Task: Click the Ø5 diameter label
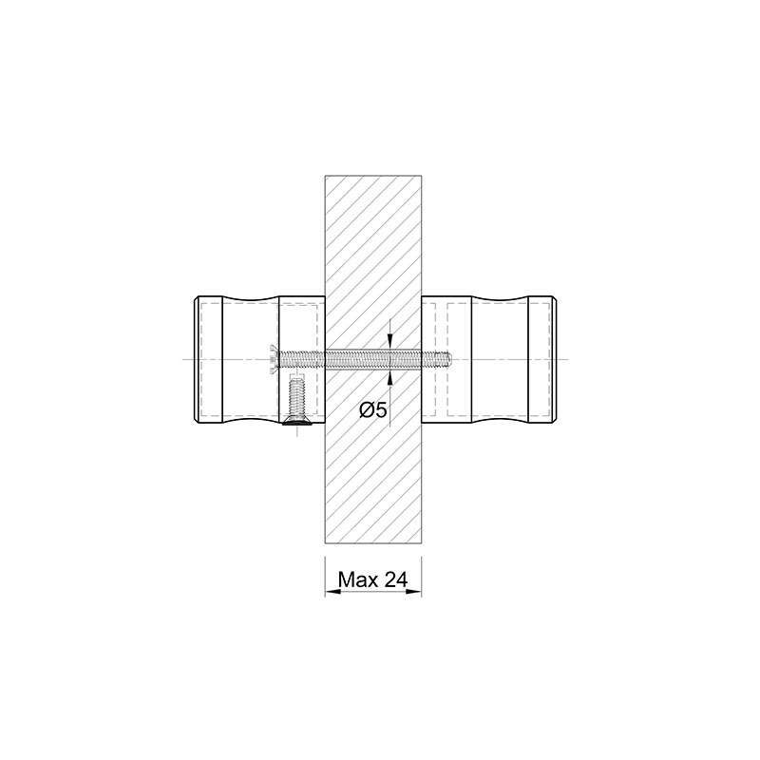click(x=373, y=410)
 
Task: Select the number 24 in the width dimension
click(x=396, y=579)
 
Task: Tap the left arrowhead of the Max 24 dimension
click(x=332, y=591)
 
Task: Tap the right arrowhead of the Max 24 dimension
click(x=413, y=591)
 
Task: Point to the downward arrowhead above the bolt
click(x=390, y=341)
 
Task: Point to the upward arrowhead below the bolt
click(x=390, y=378)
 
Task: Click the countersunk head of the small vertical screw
click(x=296, y=420)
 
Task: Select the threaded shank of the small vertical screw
click(x=296, y=396)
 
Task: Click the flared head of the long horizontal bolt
click(x=273, y=359)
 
